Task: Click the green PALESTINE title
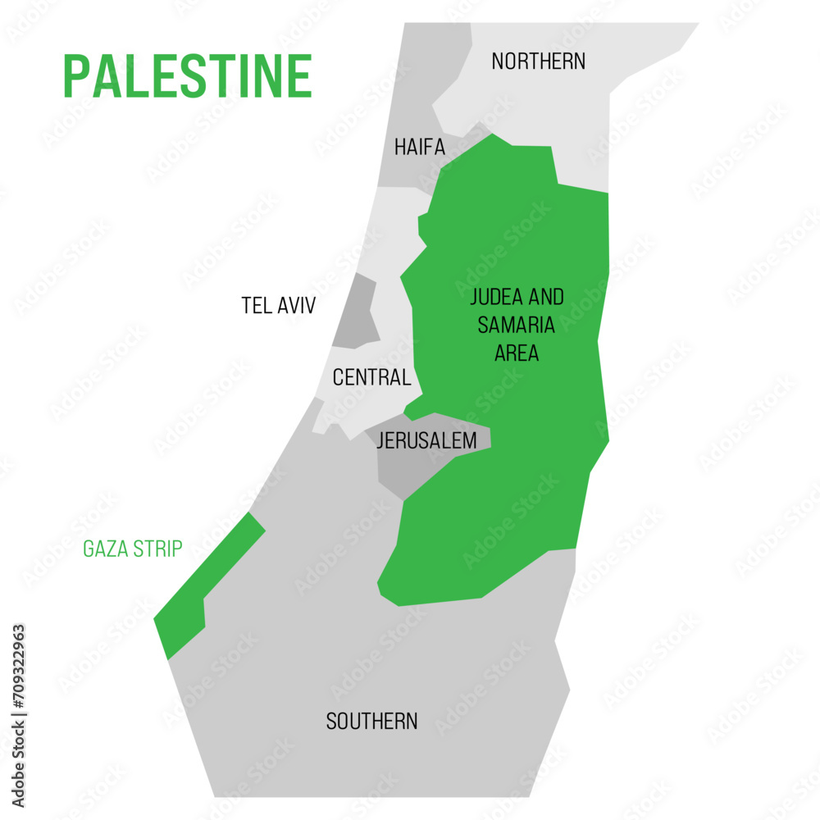[188, 76]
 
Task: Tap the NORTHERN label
[538, 61]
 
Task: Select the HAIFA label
[419, 148]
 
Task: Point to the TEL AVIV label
[278, 306]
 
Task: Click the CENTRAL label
[371, 378]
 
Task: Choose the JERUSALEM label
[426, 441]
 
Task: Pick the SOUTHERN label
[371, 722]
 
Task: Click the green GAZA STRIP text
[132, 549]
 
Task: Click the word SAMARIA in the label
[516, 325]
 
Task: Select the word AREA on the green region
[516, 353]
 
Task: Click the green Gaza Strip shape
[197, 590]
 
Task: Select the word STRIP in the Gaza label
[156, 549]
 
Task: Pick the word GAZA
[103, 549]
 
